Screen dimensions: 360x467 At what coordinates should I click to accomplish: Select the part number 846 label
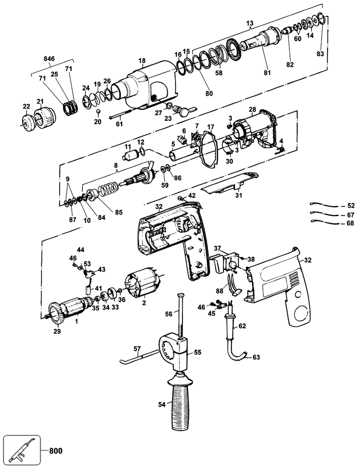click(49, 58)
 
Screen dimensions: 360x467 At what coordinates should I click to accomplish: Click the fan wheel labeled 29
click(56, 314)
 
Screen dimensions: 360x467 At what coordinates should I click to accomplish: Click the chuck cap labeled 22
click(27, 122)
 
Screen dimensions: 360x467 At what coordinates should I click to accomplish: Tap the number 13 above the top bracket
click(250, 23)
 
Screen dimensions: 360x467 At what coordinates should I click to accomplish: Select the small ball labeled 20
click(98, 111)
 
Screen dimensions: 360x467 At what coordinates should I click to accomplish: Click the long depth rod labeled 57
click(139, 356)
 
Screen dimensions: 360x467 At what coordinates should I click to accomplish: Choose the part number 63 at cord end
click(256, 357)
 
